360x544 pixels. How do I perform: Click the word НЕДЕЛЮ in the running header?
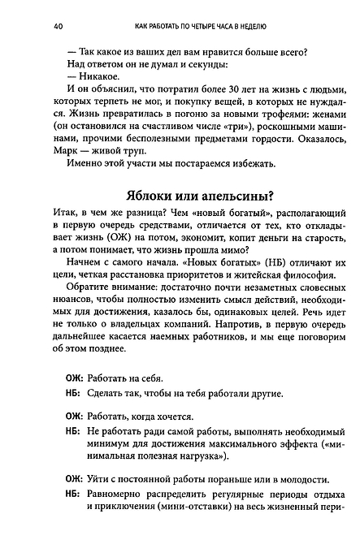tap(267, 27)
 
